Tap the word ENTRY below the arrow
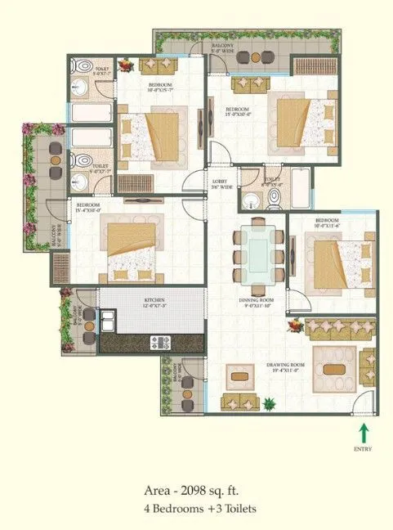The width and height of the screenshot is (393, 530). point(364,449)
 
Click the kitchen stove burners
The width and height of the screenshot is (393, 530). point(157,340)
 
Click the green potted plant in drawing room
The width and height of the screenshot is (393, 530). point(270,402)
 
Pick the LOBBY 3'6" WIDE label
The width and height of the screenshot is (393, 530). point(221,184)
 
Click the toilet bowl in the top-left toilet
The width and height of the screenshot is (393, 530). point(82,66)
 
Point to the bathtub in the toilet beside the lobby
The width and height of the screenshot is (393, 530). point(300,186)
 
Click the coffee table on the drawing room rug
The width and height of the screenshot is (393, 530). point(335,367)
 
